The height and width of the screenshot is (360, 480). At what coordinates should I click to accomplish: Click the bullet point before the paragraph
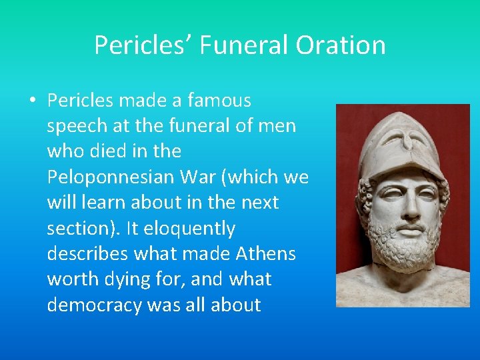click(x=32, y=101)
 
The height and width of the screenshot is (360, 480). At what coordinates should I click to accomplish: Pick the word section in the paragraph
click(x=79, y=229)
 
